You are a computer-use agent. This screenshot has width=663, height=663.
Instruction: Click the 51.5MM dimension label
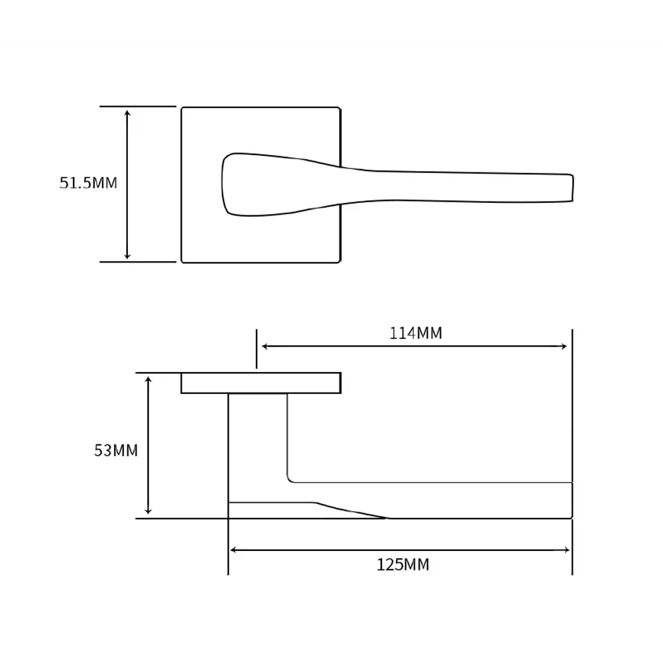(88, 183)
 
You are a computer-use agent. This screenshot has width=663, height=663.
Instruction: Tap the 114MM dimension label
(416, 333)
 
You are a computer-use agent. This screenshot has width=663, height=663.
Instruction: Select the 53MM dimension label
(116, 451)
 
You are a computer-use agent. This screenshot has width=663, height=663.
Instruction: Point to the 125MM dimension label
(403, 565)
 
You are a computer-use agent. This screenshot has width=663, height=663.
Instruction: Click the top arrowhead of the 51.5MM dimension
(128, 113)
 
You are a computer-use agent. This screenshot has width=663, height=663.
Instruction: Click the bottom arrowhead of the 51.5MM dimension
(128, 255)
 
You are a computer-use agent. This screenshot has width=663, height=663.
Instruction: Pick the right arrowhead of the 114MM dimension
(564, 346)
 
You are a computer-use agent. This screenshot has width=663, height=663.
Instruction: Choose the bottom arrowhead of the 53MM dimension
(149, 511)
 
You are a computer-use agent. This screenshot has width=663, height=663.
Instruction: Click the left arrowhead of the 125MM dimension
(233, 550)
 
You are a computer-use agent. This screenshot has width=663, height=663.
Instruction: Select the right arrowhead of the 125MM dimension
(567, 550)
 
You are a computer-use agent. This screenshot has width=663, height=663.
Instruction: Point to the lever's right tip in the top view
(572, 188)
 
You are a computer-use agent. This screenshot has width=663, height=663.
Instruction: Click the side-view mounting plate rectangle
(261, 383)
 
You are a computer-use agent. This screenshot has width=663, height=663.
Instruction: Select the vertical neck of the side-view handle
(258, 444)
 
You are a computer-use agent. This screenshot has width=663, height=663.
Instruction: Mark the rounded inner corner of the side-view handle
(290, 479)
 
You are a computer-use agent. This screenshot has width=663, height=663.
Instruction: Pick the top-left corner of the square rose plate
(182, 108)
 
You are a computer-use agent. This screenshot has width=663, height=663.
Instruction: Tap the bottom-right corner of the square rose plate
(339, 262)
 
